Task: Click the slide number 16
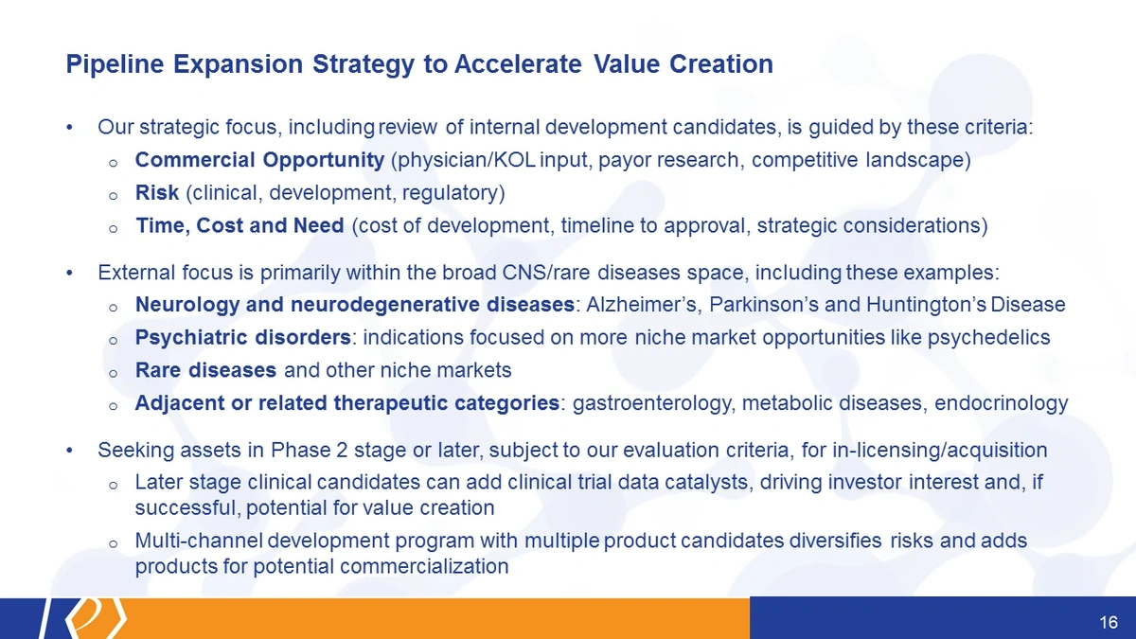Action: [1109, 622]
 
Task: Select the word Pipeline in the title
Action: [115, 64]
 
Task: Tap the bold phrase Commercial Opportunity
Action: [259, 160]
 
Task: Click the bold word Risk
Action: [157, 193]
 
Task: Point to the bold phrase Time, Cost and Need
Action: [240, 225]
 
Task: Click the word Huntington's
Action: [926, 305]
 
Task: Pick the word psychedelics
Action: [989, 338]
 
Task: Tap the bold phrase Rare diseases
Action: [206, 370]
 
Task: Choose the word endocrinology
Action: [1002, 403]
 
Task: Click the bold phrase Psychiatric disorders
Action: [243, 338]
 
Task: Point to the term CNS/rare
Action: [546, 273]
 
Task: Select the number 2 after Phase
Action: [342, 451]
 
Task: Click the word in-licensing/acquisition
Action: [940, 451]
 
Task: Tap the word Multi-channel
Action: [199, 541]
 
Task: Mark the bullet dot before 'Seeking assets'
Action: [69, 451]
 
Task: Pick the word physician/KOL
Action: [467, 160]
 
